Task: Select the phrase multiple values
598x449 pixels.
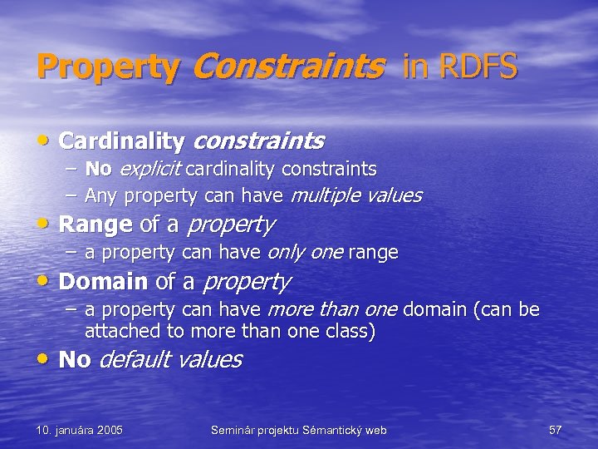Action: tap(355, 196)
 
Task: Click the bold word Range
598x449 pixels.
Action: tap(96, 224)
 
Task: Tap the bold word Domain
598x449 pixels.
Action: tap(103, 282)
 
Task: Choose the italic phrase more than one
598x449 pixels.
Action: tap(331, 310)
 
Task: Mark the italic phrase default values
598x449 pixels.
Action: tap(170, 360)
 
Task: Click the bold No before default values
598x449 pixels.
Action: tap(75, 360)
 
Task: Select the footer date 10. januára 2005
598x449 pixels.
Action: tap(80, 430)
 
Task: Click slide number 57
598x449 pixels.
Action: tap(556, 430)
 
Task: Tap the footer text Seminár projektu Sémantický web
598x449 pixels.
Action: tap(298, 430)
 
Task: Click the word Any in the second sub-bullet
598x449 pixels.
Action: tap(101, 196)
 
